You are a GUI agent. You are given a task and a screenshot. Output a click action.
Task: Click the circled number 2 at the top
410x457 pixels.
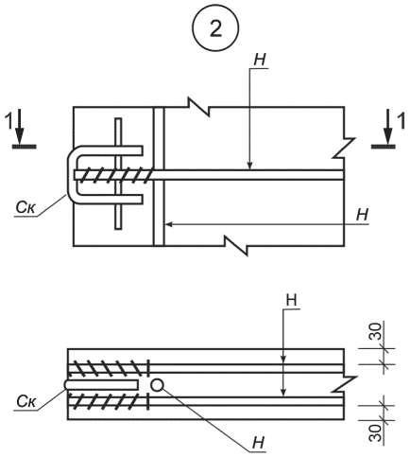(215, 28)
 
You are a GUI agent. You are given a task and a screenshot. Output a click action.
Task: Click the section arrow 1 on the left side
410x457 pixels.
(20, 129)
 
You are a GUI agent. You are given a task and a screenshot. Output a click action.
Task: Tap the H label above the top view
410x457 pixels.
(260, 60)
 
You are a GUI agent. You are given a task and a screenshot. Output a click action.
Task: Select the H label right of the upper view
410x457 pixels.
(362, 215)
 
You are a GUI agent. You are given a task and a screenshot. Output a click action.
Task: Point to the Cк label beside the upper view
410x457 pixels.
(26, 207)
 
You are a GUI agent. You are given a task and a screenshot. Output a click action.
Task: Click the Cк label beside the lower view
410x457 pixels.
(26, 401)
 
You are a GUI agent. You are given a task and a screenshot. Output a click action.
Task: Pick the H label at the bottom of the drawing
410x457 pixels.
(259, 443)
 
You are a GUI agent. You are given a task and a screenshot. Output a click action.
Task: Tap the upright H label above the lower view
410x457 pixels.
(291, 300)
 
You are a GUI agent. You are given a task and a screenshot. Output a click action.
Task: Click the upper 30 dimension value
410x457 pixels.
(375, 331)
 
